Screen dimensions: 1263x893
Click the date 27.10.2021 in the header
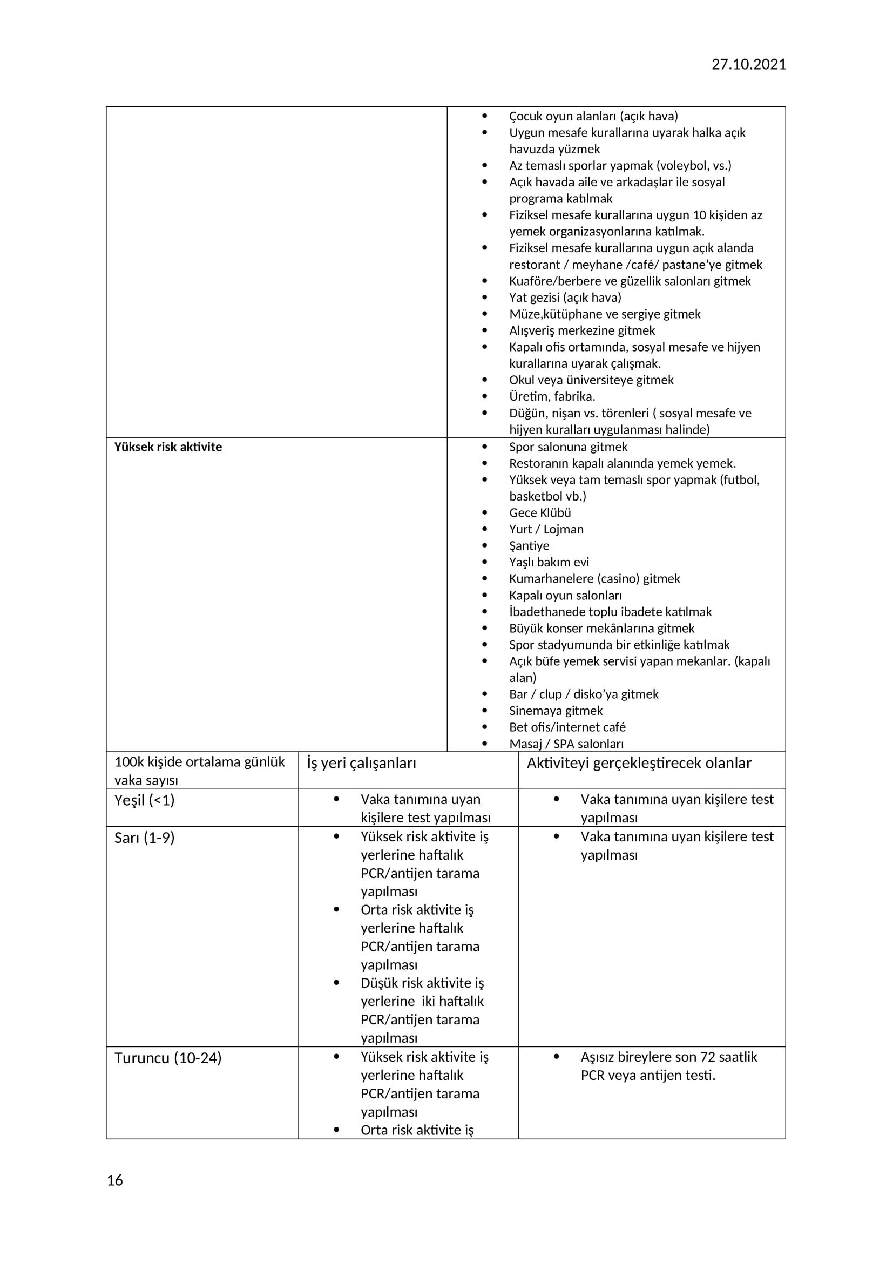click(x=748, y=64)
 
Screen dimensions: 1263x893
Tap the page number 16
click(x=114, y=1180)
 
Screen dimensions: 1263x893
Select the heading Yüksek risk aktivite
click(x=168, y=447)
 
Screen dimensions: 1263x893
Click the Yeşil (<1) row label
click(x=144, y=800)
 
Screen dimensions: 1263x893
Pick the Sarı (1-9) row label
click(x=144, y=838)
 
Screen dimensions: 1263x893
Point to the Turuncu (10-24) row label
click(x=168, y=1058)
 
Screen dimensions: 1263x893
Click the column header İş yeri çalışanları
click(x=361, y=763)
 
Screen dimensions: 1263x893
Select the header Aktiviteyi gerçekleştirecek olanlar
click(x=638, y=763)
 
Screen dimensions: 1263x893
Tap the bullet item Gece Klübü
click(x=539, y=512)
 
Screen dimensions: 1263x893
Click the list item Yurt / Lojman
click(x=546, y=529)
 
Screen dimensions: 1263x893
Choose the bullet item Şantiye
click(x=529, y=546)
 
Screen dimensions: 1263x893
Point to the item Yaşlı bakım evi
click(x=549, y=562)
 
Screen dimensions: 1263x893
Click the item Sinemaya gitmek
click(x=556, y=711)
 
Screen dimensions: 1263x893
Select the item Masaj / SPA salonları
click(x=566, y=744)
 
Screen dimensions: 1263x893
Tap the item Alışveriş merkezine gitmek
click(x=582, y=330)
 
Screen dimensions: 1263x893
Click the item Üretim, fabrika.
click(x=552, y=397)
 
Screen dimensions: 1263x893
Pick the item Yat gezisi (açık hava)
click(x=565, y=298)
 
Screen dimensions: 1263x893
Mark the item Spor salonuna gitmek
click(x=568, y=447)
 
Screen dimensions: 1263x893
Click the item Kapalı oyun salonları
click(x=565, y=595)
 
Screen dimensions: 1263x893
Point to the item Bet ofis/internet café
click(x=567, y=727)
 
